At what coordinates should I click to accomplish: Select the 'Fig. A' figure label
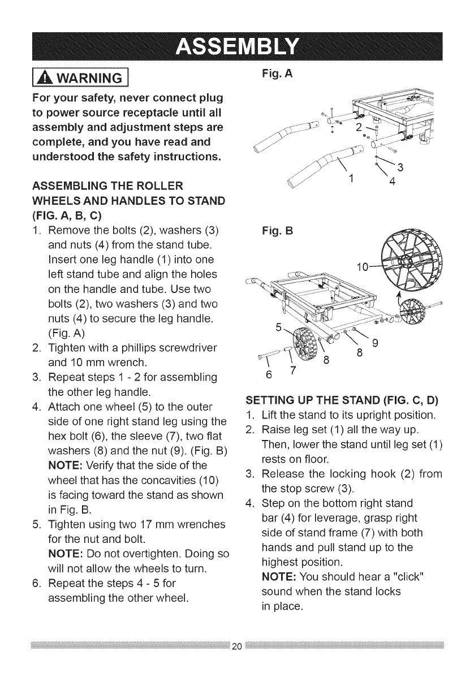tap(275, 73)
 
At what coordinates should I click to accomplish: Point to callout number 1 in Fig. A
tap(351, 180)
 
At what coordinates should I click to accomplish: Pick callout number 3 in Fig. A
tap(400, 167)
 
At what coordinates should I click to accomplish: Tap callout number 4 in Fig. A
tap(391, 183)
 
